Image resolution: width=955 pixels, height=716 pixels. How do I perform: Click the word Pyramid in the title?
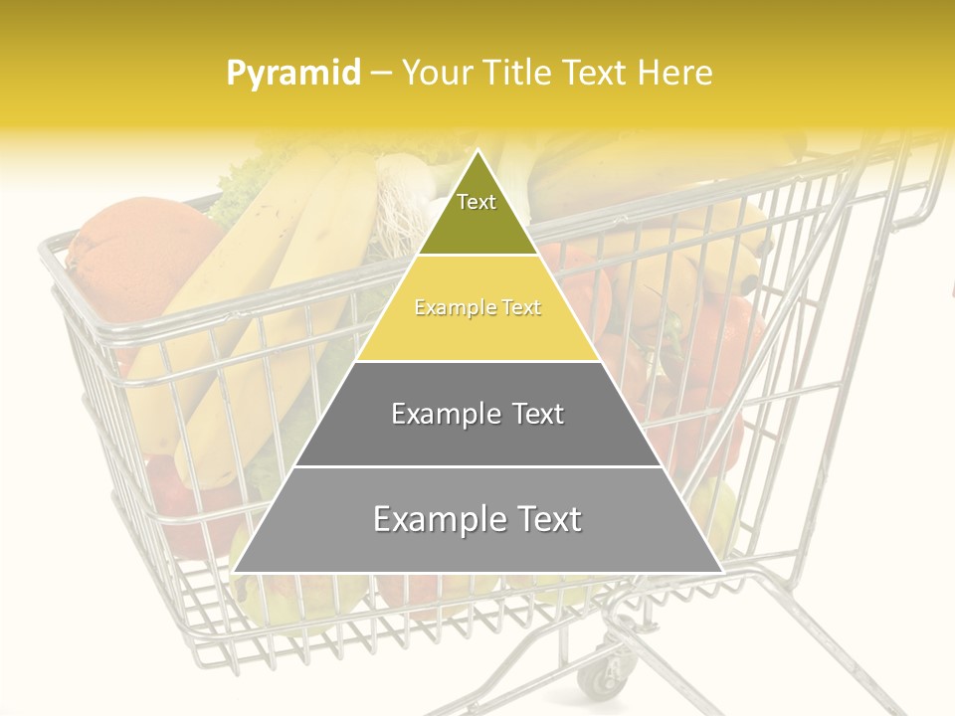click(293, 74)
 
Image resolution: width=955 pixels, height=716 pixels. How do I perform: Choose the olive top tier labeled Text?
click(477, 209)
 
